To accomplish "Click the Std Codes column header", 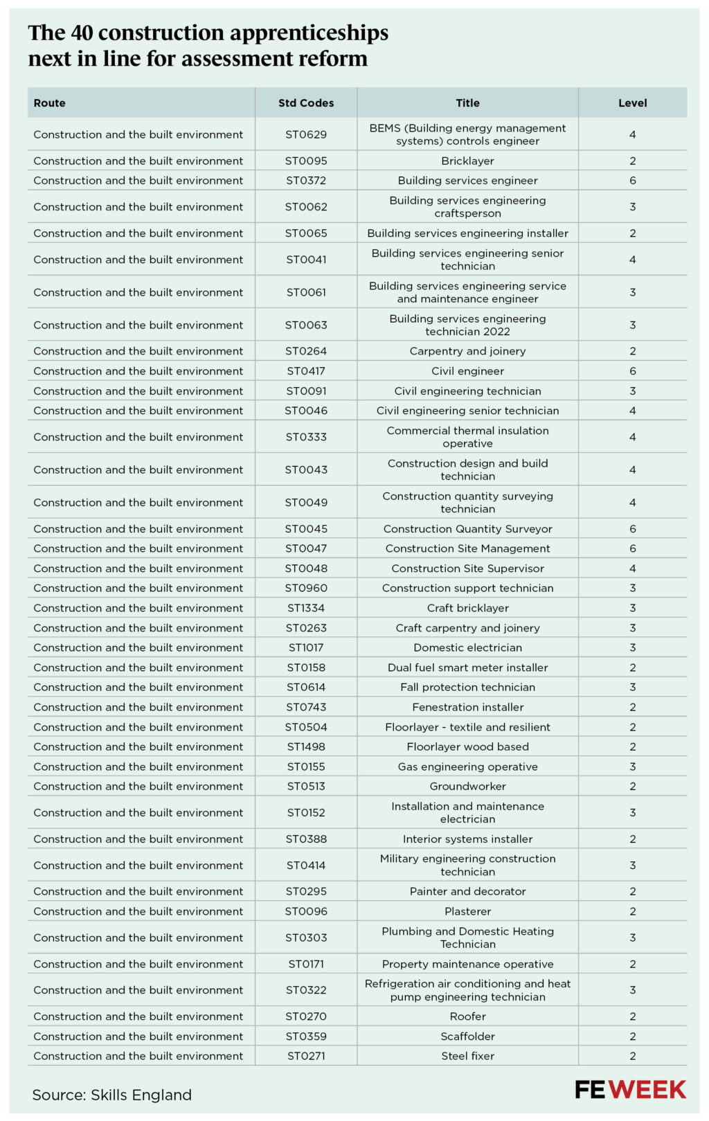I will click(306, 103).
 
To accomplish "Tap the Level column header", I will click(632, 103).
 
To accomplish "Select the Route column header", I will click(50, 103).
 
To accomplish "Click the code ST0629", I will click(306, 134).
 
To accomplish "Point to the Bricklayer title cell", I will click(467, 161).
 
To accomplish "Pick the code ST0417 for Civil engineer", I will click(306, 371).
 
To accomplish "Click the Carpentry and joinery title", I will click(467, 351).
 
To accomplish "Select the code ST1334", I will click(306, 608).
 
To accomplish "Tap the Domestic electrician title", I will click(467, 647).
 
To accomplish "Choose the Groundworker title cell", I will click(467, 787).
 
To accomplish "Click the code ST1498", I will click(306, 746).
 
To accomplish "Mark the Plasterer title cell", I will click(467, 911).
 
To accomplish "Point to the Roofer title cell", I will click(467, 1016).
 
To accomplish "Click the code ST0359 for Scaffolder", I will click(306, 1037).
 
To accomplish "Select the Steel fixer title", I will click(467, 1056).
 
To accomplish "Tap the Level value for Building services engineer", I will click(632, 181).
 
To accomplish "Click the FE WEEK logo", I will click(630, 1089).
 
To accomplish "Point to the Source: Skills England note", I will click(111, 1095).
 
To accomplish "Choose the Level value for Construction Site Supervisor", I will click(632, 568).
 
